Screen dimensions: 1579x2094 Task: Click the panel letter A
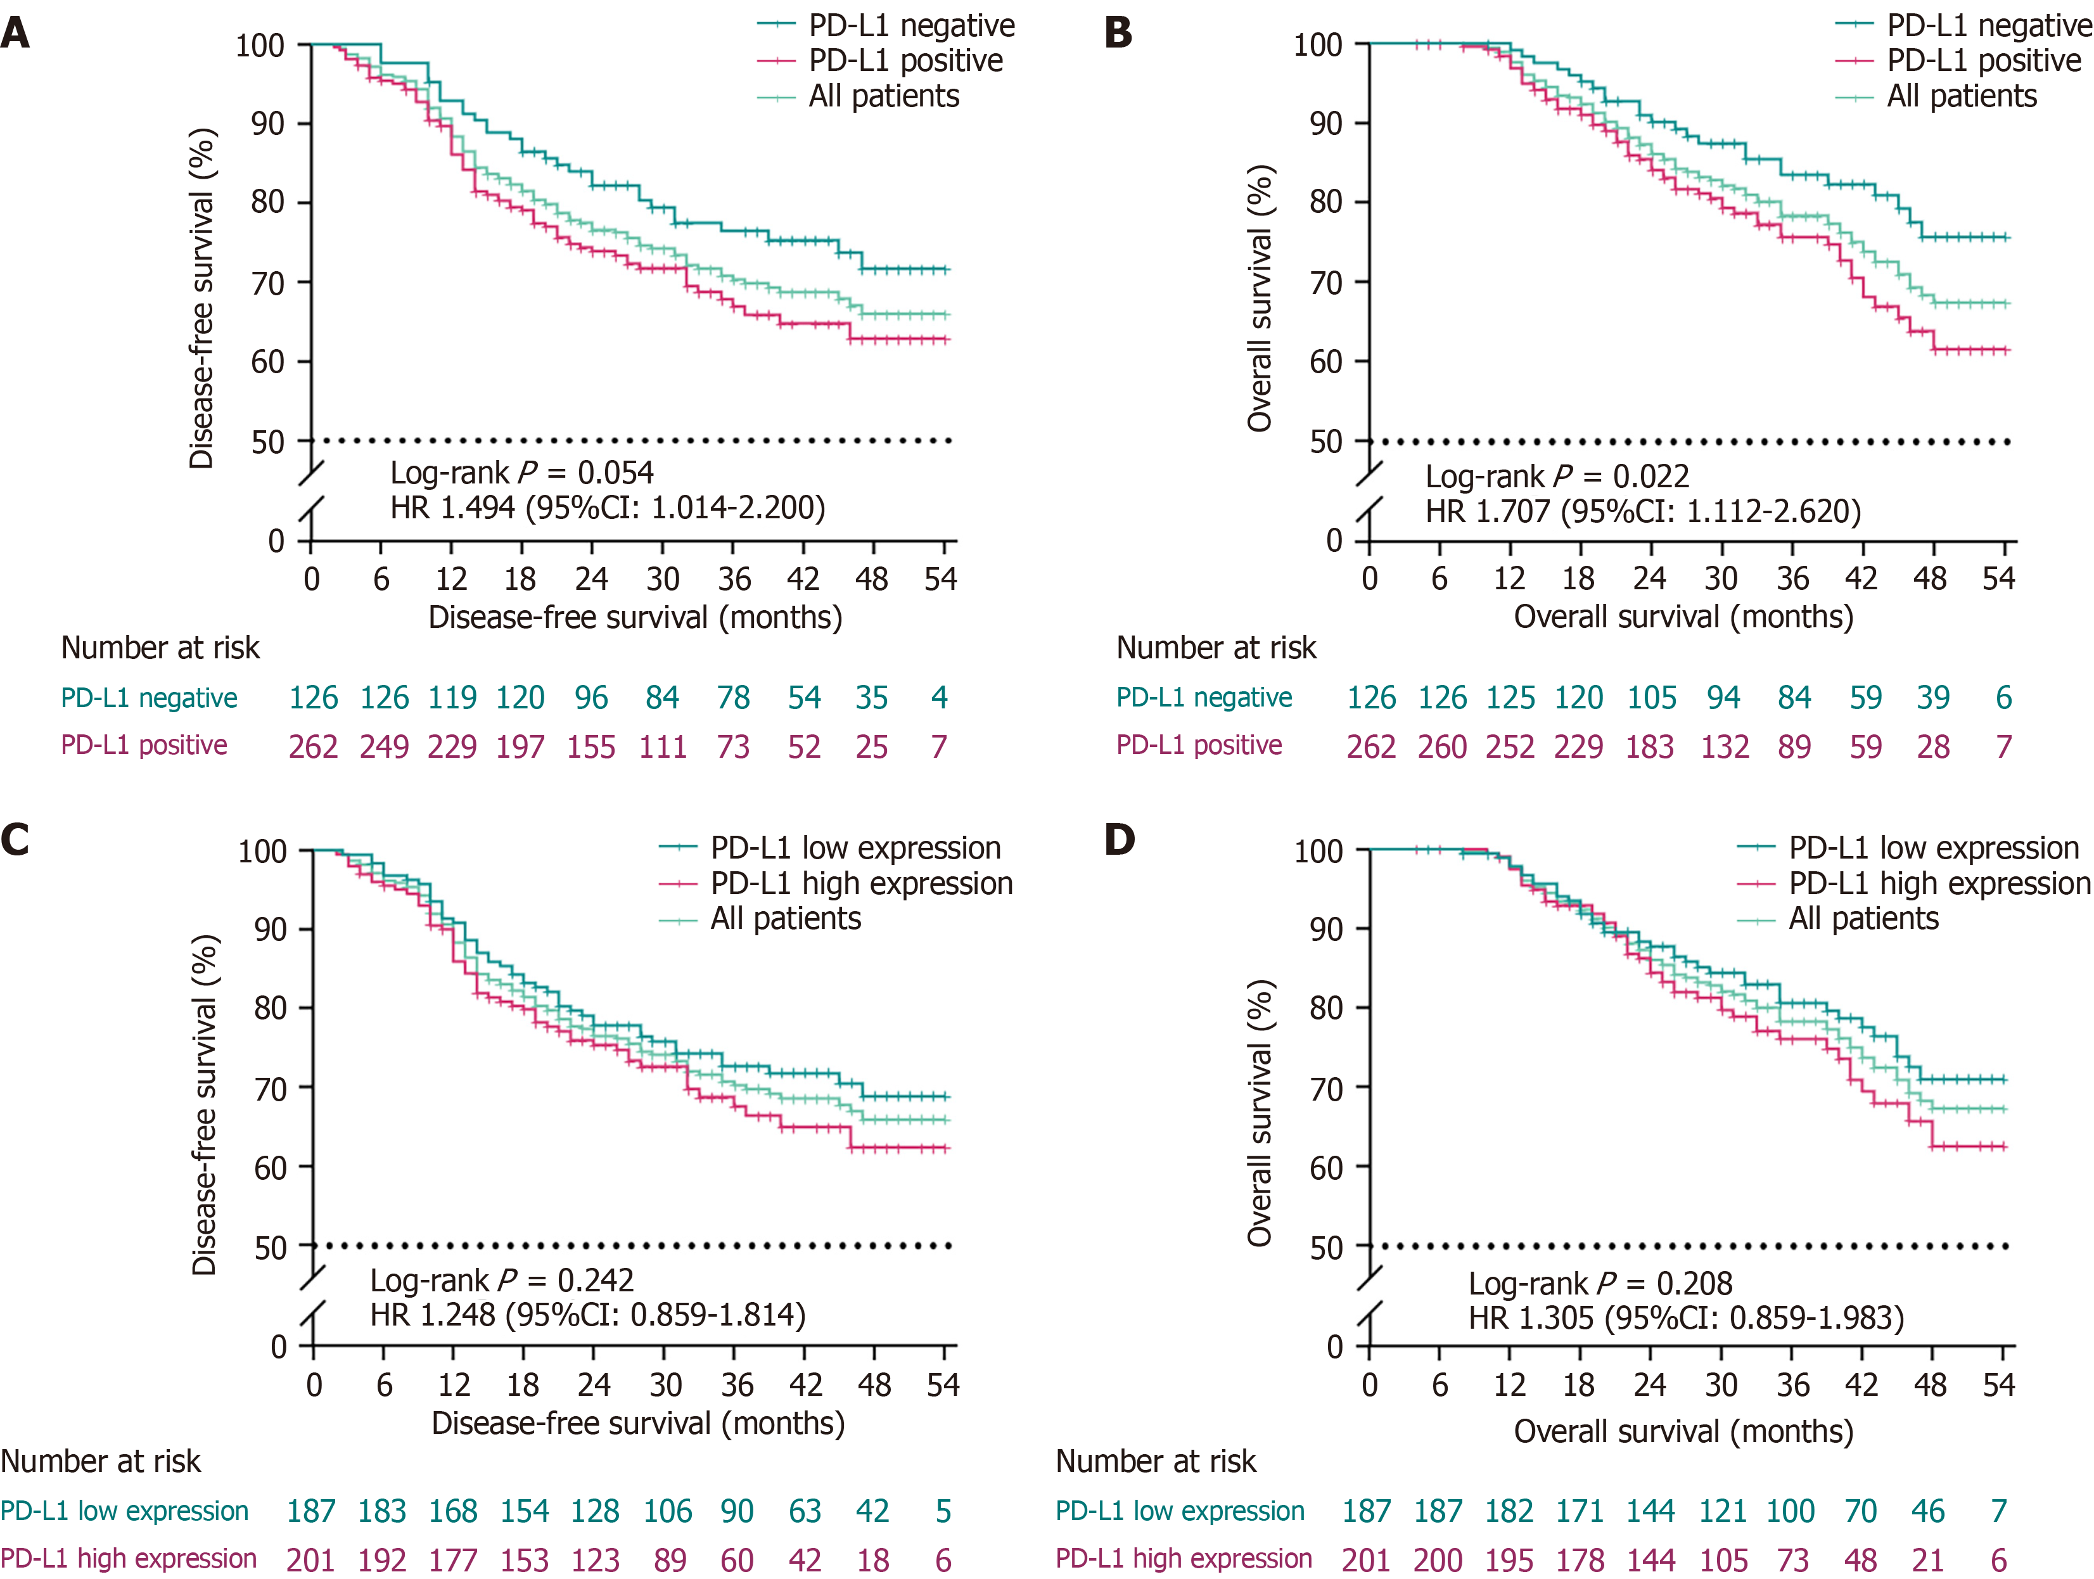15,34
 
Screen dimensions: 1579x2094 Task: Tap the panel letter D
1120,840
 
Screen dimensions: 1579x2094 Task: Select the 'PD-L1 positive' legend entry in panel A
904,61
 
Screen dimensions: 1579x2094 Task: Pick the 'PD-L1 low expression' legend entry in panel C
855,848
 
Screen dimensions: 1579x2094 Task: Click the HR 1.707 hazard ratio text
1642,511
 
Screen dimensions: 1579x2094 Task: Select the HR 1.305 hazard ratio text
1685,1318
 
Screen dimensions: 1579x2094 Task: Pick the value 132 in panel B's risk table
1724,747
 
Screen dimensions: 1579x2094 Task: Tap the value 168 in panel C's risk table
452,1511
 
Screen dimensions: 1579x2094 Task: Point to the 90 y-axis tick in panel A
268,124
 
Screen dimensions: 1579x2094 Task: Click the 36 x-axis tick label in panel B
1792,579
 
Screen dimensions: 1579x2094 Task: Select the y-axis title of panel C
205,1105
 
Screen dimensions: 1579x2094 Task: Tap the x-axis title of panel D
1683,1431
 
